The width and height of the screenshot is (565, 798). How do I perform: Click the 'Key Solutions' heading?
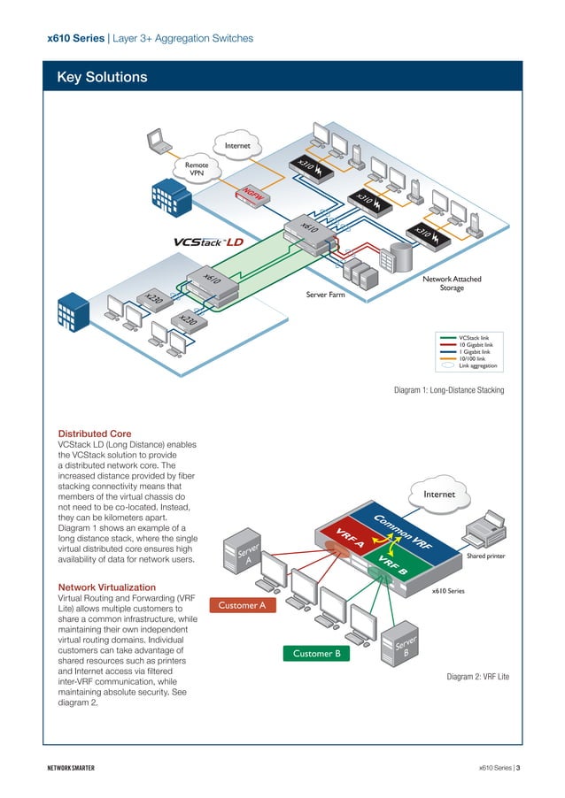click(x=102, y=78)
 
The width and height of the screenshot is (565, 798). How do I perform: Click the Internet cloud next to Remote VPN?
click(x=237, y=145)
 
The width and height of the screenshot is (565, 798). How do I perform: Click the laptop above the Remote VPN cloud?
click(x=160, y=140)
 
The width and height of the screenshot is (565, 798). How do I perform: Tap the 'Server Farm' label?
click(x=325, y=293)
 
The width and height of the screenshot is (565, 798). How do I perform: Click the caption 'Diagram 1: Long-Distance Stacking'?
click(x=448, y=389)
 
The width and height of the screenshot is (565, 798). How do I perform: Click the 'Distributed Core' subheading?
click(x=95, y=434)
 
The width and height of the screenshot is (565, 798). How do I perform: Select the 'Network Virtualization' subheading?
click(x=106, y=587)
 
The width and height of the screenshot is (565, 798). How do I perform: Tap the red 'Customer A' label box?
click(x=242, y=605)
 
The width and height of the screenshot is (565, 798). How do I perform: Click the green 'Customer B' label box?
click(x=316, y=654)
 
